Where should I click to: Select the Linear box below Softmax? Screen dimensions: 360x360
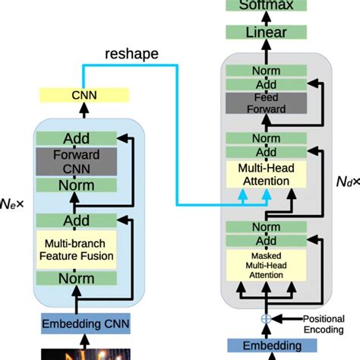265,33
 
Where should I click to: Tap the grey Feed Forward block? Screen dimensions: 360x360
265,103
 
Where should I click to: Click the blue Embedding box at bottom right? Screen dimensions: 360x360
265,346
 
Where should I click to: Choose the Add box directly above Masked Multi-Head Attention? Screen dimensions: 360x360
265,241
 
